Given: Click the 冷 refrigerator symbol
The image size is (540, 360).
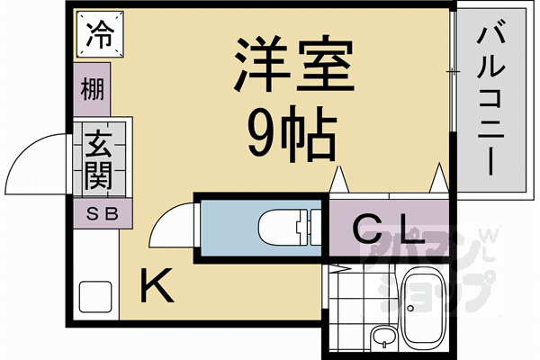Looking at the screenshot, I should tap(99, 37).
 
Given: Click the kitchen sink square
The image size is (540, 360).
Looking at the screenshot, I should tap(93, 296).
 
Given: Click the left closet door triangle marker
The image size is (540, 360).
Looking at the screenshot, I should tap(340, 180).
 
